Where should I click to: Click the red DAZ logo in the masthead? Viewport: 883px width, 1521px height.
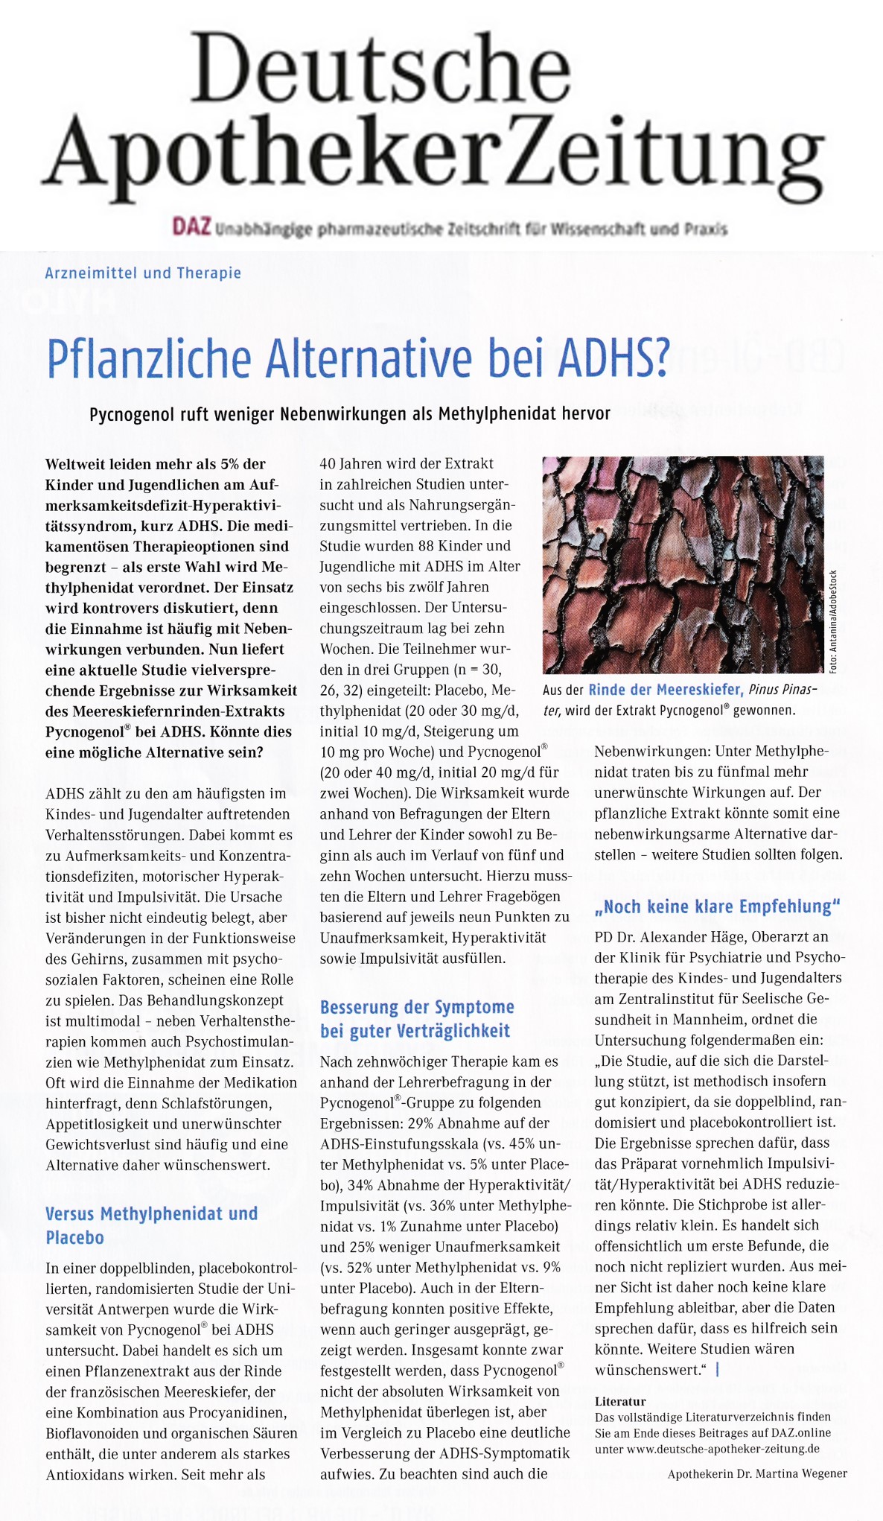click(191, 226)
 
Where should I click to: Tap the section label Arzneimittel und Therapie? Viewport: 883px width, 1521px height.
click(143, 273)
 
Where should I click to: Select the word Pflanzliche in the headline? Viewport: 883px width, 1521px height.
click(148, 358)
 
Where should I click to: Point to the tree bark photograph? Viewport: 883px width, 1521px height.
click(683, 564)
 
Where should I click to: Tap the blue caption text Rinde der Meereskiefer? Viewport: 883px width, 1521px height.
click(666, 690)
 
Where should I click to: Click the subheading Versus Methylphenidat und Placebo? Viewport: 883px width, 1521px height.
click(151, 1225)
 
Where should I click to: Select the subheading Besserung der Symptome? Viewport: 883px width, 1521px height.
click(417, 1007)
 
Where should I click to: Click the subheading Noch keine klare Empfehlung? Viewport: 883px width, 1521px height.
click(717, 906)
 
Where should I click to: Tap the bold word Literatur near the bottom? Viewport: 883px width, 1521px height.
click(620, 1401)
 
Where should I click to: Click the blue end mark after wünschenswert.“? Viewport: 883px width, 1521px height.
click(717, 1369)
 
